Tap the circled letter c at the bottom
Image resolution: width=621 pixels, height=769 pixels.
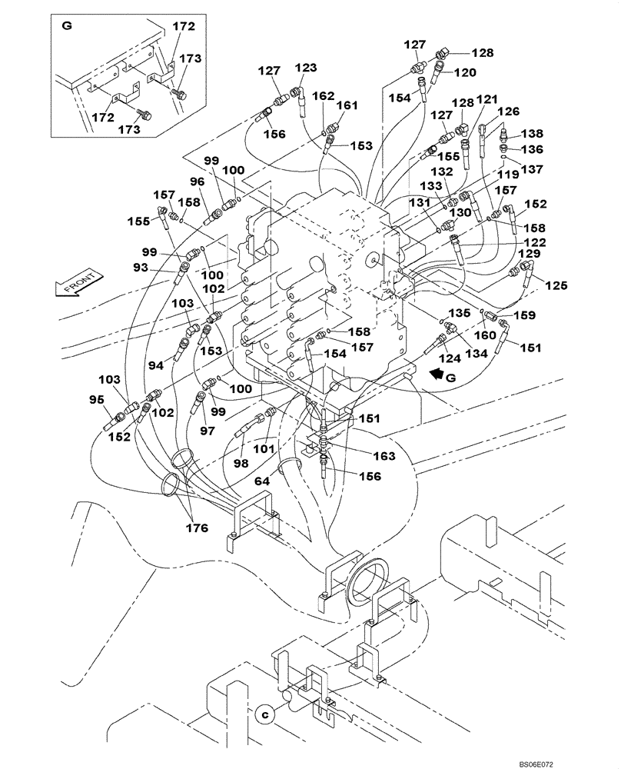264,713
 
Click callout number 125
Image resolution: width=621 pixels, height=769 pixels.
556,285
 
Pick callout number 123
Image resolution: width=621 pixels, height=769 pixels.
306,68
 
